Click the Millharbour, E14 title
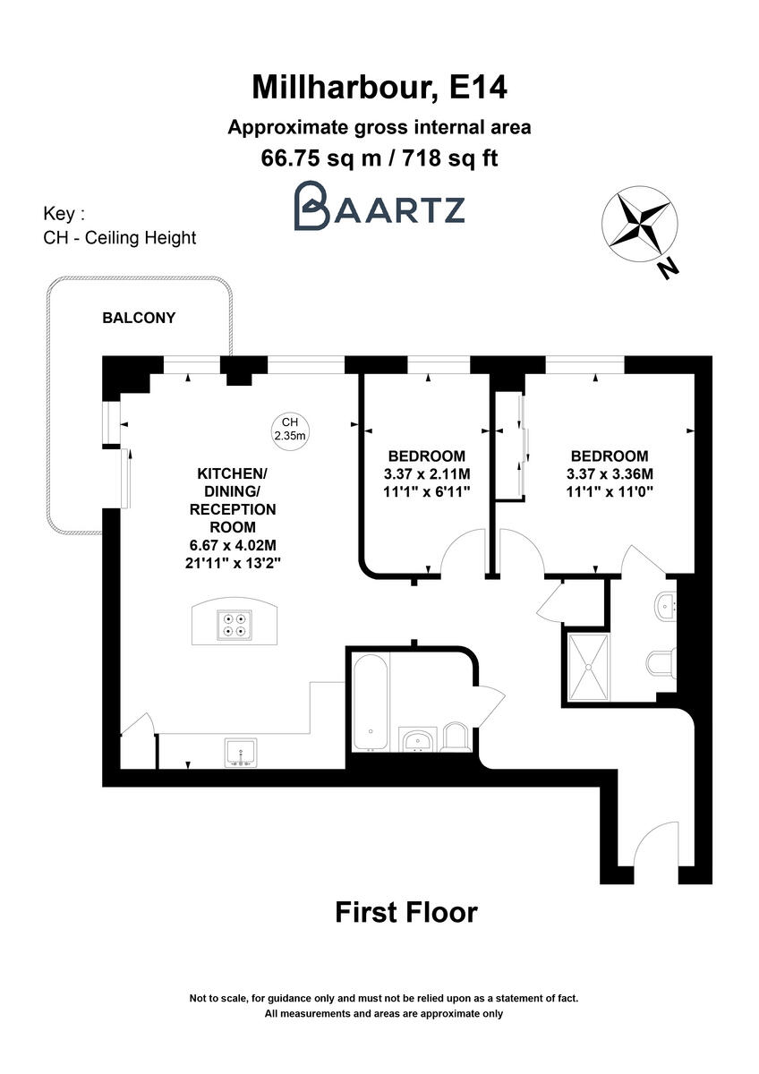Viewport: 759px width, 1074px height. (379, 87)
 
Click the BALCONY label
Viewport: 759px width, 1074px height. (139, 318)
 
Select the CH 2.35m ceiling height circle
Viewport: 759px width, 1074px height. (289, 429)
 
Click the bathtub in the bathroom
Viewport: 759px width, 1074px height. (370, 703)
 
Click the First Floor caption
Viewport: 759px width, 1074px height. (406, 912)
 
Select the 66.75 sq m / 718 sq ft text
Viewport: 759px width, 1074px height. (379, 158)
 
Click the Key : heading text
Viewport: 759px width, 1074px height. (64, 215)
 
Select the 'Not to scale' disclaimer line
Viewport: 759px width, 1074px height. (383, 998)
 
